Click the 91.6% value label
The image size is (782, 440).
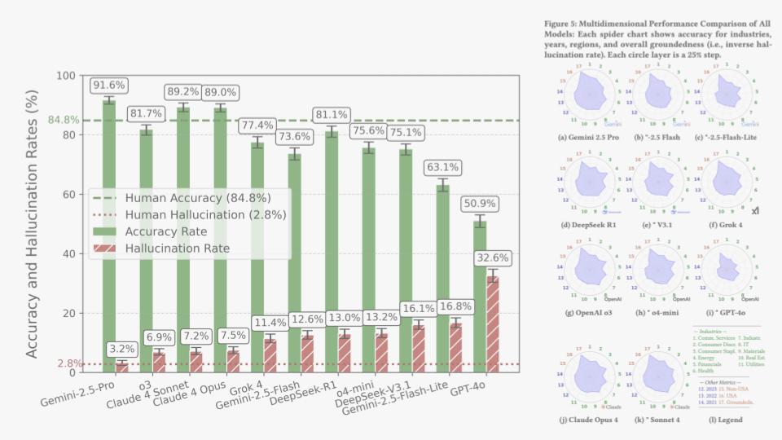pos(108,84)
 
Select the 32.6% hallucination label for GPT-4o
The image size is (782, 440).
pos(492,257)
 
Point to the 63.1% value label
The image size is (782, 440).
pos(442,167)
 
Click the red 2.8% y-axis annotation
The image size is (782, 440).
pos(68,363)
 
